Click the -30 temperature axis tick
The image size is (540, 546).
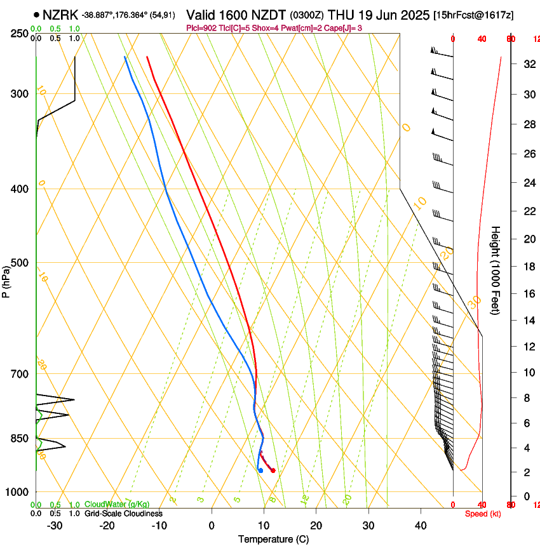tap(55, 525)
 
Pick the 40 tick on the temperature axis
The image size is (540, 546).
tap(420, 525)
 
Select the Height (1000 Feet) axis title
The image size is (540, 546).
tap(496, 270)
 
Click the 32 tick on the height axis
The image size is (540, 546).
tap(528, 64)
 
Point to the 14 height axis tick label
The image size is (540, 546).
tap(528, 321)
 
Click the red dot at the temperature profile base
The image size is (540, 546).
tap(273, 470)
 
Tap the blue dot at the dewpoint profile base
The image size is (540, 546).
tap(260, 470)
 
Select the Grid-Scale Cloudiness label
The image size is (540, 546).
tap(123, 514)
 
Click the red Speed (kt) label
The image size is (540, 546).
tap(483, 514)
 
